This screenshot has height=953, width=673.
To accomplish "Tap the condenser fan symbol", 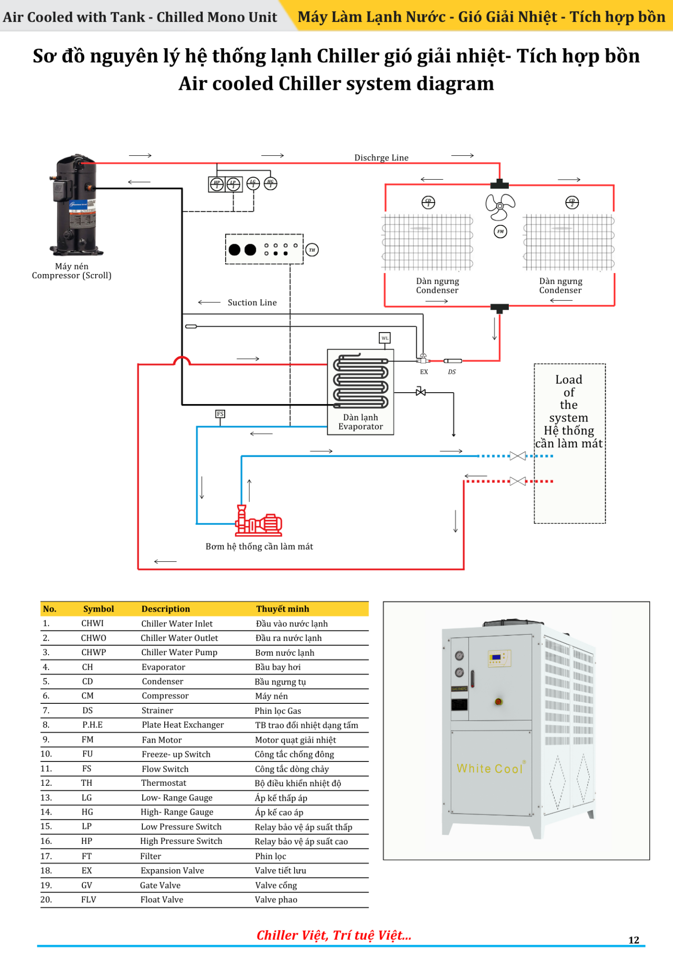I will [500, 206].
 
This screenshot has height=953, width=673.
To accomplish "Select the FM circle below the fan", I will [500, 231].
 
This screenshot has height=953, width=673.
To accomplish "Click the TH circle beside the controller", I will [312, 250].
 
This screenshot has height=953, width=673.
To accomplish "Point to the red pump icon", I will [258, 521].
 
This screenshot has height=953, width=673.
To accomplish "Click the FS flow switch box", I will [220, 414].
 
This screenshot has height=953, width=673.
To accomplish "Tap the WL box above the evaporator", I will [385, 338].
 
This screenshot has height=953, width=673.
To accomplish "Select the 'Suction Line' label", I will [252, 302].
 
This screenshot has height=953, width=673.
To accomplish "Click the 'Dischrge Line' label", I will [381, 158].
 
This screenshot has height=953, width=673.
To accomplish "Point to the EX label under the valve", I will [424, 372].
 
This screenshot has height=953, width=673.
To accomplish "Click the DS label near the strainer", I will [452, 372].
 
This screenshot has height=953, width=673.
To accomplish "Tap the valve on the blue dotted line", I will [518, 456].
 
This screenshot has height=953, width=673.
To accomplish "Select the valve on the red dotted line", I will [518, 481].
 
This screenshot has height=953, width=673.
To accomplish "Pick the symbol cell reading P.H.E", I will [92, 725].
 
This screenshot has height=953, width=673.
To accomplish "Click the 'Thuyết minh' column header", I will [283, 609].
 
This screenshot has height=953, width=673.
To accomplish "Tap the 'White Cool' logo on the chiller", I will [490, 768].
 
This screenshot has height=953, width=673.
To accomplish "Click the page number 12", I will [634, 940].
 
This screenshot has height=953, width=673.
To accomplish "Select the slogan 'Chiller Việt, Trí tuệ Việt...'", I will [334, 935].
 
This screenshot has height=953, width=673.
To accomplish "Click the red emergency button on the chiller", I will [498, 701].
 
